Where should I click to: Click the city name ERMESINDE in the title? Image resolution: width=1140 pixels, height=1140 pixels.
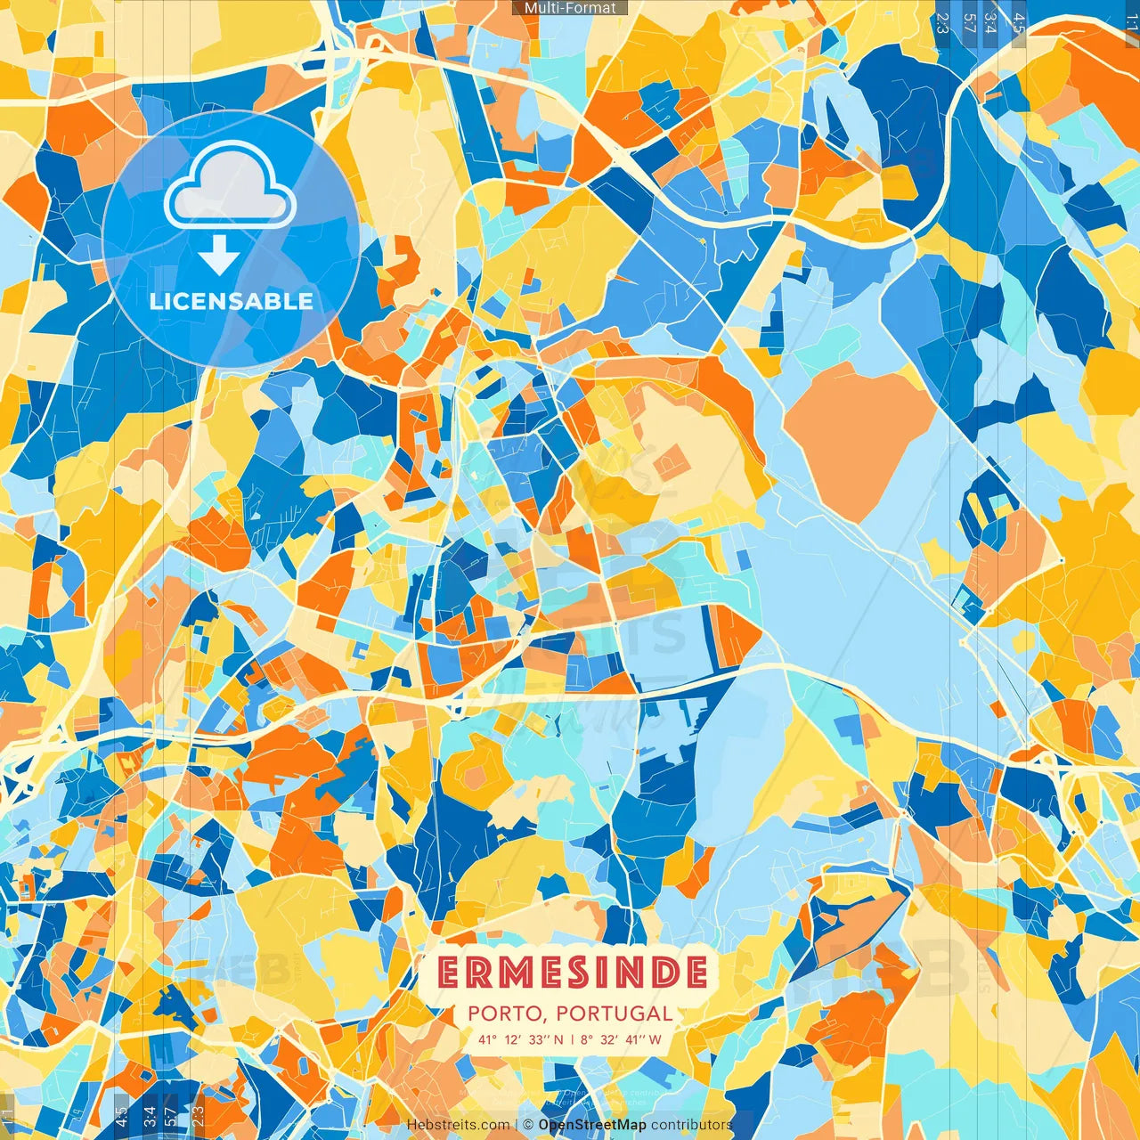(573, 973)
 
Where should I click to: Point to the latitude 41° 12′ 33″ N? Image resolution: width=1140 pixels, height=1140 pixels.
(520, 1039)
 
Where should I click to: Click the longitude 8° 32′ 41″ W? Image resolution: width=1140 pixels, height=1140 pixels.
(622, 1039)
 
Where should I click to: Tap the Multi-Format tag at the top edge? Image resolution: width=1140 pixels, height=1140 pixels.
(570, 8)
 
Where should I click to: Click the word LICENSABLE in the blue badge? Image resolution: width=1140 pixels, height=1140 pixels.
(232, 301)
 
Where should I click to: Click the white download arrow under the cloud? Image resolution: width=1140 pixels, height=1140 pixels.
(219, 255)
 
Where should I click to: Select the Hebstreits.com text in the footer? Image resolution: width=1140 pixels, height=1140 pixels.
(458, 1125)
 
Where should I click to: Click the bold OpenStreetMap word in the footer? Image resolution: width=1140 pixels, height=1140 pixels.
(592, 1125)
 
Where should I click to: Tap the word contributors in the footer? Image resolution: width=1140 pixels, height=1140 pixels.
(691, 1125)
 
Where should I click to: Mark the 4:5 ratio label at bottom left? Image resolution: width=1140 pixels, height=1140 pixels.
(121, 1115)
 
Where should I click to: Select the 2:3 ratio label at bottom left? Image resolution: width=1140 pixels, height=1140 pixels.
(198, 1115)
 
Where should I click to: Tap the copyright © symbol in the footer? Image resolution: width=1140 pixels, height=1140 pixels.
(527, 1125)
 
